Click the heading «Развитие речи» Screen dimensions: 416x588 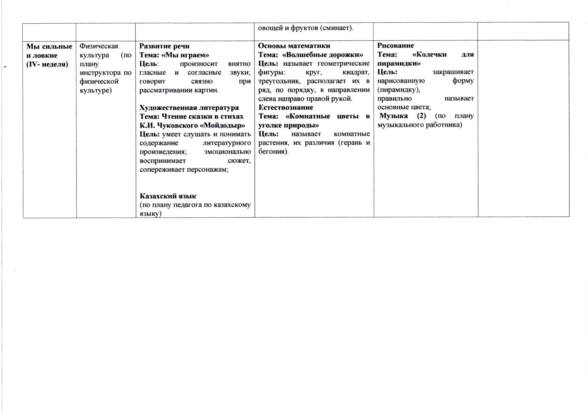pyautogui.click(x=164, y=46)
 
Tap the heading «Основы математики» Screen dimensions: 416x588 pyautogui.click(x=294, y=46)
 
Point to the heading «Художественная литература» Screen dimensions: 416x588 pyautogui.click(x=189, y=108)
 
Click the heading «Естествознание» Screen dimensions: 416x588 pyautogui.click(x=285, y=107)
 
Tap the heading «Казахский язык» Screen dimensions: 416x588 pyautogui.click(x=168, y=196)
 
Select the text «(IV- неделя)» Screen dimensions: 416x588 pyautogui.click(x=47, y=64)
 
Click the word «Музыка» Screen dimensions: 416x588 pyautogui.click(x=394, y=116)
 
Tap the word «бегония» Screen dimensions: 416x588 pyautogui.click(x=273, y=151)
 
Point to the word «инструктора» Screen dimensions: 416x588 pyautogui.click(x=100, y=73)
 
